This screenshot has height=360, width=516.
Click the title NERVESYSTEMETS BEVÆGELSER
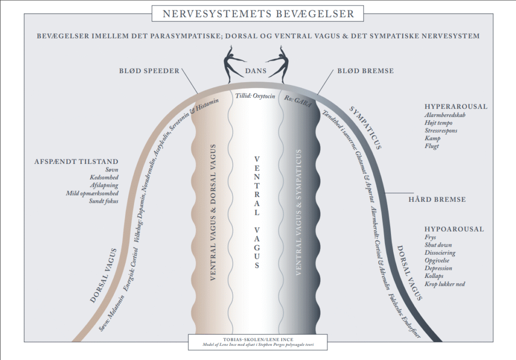258,14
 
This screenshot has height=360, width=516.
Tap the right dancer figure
278,64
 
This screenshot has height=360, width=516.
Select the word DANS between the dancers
255,71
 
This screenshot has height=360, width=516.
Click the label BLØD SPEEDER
149,71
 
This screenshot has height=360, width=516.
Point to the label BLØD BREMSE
365,71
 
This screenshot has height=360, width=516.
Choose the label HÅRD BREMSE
437,199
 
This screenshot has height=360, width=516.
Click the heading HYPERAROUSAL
456,106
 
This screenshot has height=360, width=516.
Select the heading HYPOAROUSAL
454,229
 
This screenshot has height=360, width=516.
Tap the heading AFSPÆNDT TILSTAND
77,161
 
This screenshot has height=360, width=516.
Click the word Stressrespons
441,131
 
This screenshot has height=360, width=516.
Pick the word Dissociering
440,253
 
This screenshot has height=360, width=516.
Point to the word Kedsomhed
104,177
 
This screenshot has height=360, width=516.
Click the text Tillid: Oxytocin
255,96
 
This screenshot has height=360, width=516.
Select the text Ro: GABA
298,101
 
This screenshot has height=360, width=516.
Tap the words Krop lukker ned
444,284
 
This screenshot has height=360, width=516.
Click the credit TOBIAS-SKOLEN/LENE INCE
258,339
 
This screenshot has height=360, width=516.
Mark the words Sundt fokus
104,201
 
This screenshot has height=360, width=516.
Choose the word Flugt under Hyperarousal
432,146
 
